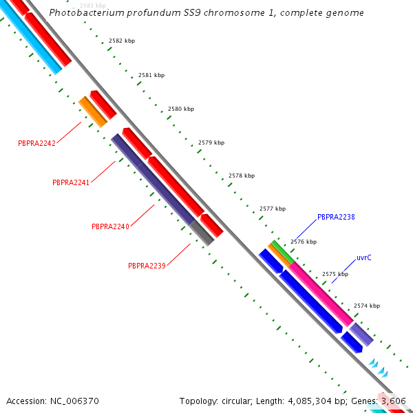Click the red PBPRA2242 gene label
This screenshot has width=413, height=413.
(36, 143)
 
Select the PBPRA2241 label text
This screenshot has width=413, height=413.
(71, 182)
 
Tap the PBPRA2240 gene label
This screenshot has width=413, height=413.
(110, 226)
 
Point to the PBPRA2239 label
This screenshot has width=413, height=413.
(147, 266)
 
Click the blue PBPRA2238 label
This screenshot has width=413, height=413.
(336, 217)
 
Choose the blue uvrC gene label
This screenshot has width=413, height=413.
(364, 257)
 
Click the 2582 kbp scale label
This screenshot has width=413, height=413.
(122, 41)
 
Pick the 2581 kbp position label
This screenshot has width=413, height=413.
(151, 74)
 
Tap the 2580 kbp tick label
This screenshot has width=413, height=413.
(181, 109)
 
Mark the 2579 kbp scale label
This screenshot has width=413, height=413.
(211, 142)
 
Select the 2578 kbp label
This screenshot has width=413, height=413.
(242, 176)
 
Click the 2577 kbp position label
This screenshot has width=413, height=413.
(273, 209)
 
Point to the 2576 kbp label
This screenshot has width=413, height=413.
(304, 242)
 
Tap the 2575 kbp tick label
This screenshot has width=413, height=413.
(335, 274)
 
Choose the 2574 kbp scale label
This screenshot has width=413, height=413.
(367, 306)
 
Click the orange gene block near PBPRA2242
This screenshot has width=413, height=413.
(92, 112)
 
